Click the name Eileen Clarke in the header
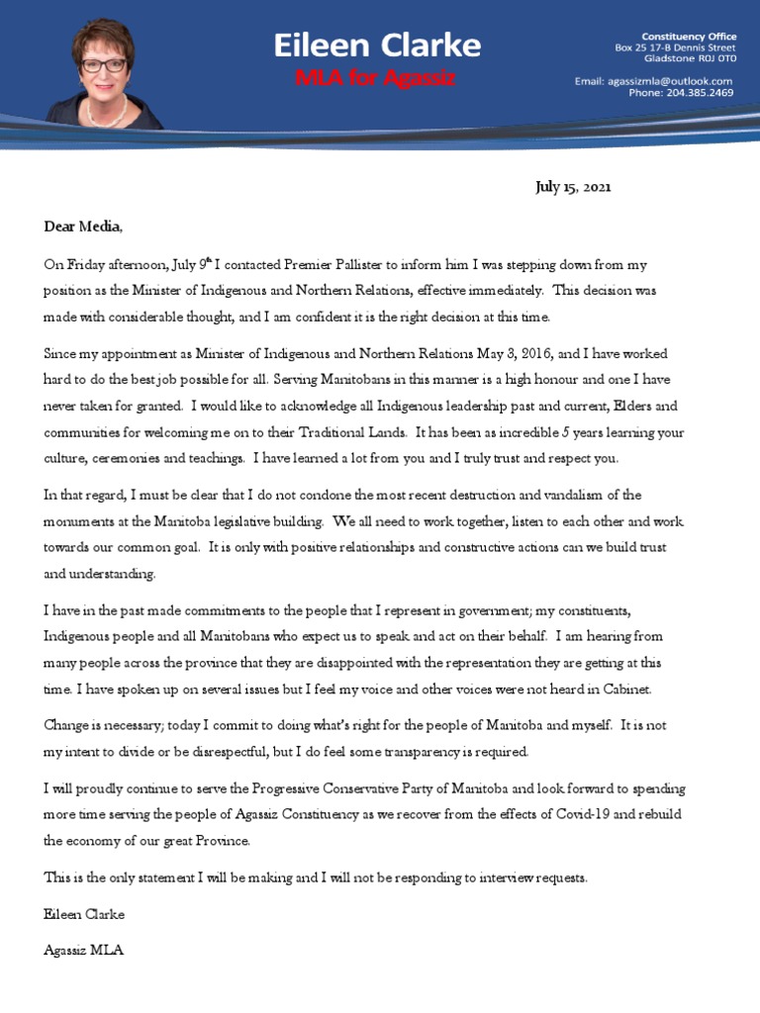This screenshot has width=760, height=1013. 377,45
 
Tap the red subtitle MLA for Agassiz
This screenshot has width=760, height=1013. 376,78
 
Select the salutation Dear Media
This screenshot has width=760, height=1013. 84,227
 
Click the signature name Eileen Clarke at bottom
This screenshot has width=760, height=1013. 84,914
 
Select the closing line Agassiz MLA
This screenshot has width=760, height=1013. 84,951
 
